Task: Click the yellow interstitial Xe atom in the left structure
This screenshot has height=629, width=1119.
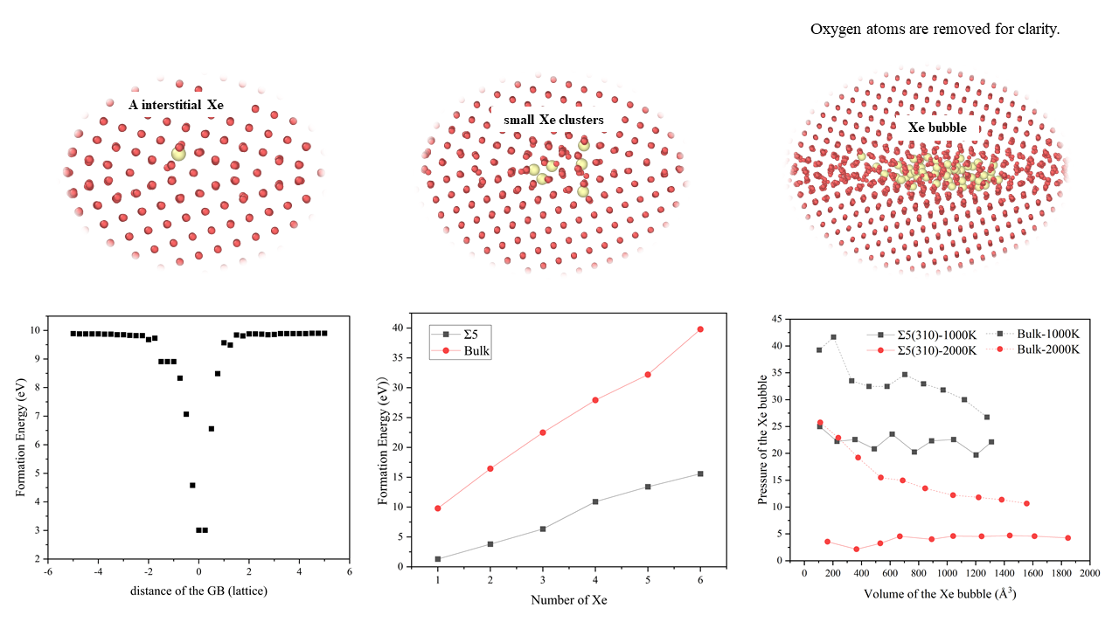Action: pos(178,154)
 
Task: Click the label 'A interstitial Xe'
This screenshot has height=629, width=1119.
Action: pos(176,105)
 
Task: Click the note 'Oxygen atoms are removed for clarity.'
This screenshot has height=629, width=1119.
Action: pos(935,30)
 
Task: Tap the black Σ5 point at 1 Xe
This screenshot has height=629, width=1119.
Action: pos(437,559)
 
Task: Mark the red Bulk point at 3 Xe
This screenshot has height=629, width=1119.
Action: pos(543,432)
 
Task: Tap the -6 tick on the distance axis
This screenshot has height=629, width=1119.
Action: pos(48,572)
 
